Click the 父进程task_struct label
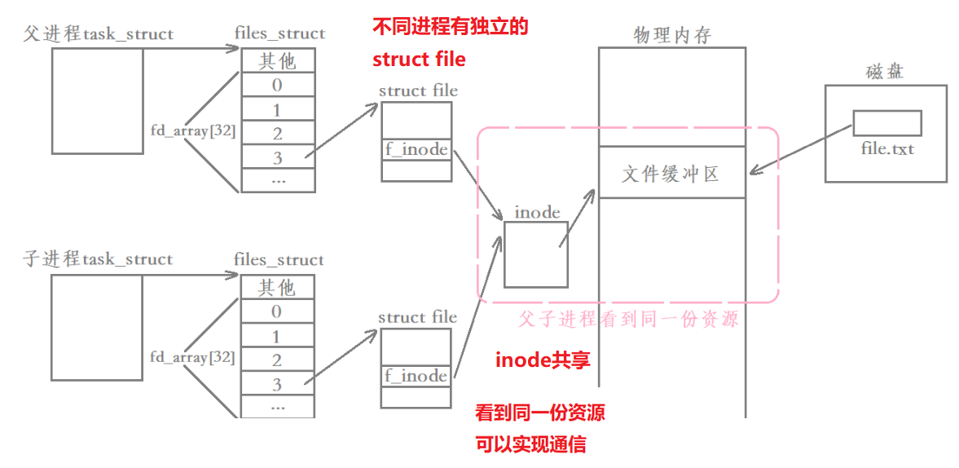point(99,34)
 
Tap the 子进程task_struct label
point(99,260)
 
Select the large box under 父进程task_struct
point(97,101)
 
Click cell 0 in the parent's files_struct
point(278,86)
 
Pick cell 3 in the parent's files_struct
point(278,157)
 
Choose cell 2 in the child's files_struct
point(278,360)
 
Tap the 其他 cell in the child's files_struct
point(278,288)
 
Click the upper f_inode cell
point(416,150)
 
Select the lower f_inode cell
point(416,376)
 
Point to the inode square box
point(535,254)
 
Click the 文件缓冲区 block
point(671,173)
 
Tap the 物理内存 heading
point(672,35)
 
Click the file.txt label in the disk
point(887,150)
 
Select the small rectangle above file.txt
point(886,123)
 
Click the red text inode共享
point(543,360)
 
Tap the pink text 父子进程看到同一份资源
point(628,319)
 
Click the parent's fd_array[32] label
point(193,130)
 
